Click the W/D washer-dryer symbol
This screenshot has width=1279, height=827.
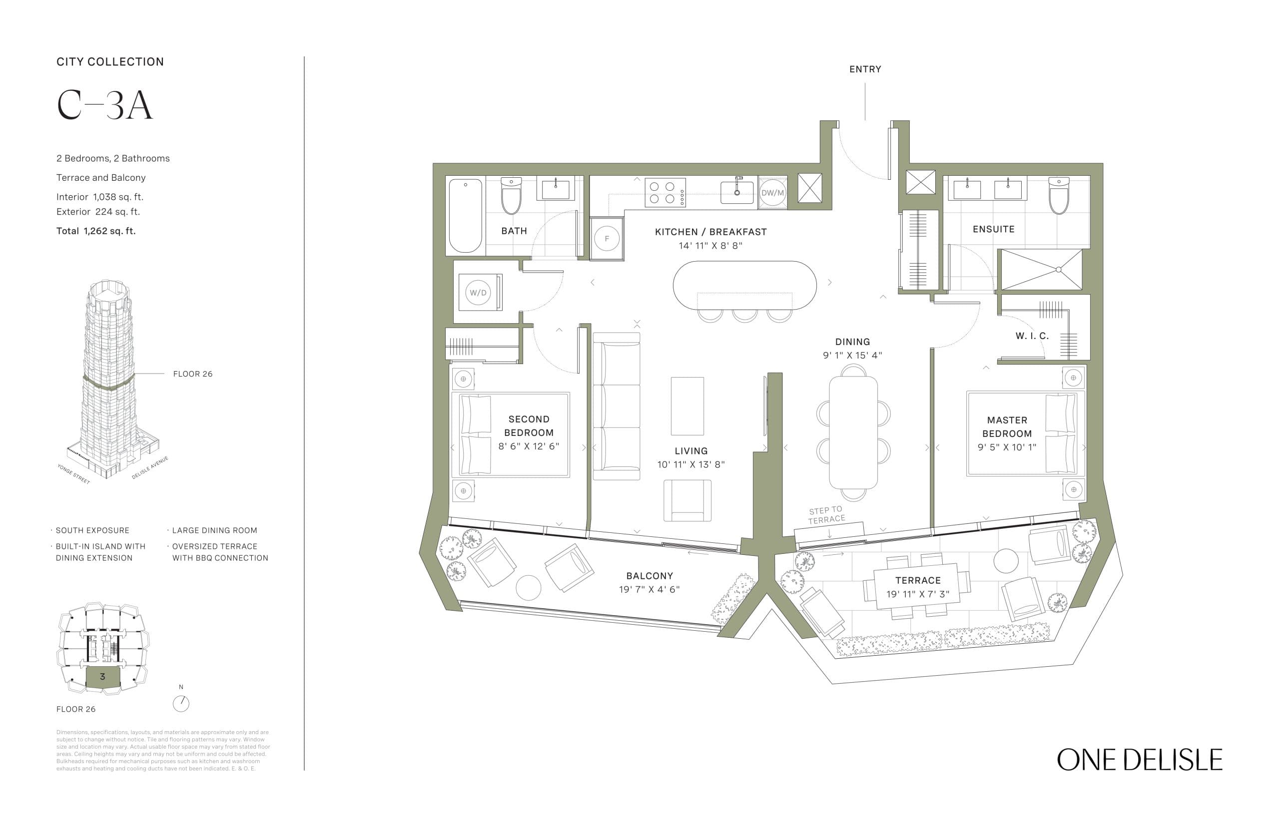pyautogui.click(x=478, y=293)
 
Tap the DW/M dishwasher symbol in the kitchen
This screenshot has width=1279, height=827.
pyautogui.click(x=772, y=193)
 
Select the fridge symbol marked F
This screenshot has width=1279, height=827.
pyautogui.click(x=607, y=238)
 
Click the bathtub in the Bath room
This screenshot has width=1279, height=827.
pyautogui.click(x=465, y=215)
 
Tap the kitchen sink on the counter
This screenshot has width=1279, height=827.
pyautogui.click(x=736, y=192)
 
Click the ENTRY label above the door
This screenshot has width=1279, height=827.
pyautogui.click(x=864, y=69)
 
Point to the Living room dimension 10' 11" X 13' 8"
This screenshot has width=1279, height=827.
pyautogui.click(x=691, y=464)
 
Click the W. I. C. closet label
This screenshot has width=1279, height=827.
pyautogui.click(x=1031, y=336)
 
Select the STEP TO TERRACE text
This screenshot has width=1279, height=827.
pyautogui.click(x=826, y=514)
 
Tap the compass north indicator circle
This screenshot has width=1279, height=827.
pyautogui.click(x=181, y=704)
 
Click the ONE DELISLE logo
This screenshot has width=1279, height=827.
pyautogui.click(x=1139, y=760)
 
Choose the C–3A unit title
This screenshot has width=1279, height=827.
pyautogui.click(x=105, y=105)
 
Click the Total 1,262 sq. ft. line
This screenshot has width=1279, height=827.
pyautogui.click(x=96, y=231)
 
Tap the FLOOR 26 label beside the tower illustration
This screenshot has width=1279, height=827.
pyautogui.click(x=192, y=374)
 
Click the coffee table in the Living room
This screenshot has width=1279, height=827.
pyautogui.click(x=686, y=406)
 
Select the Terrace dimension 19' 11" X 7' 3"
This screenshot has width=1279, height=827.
pyautogui.click(x=917, y=594)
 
